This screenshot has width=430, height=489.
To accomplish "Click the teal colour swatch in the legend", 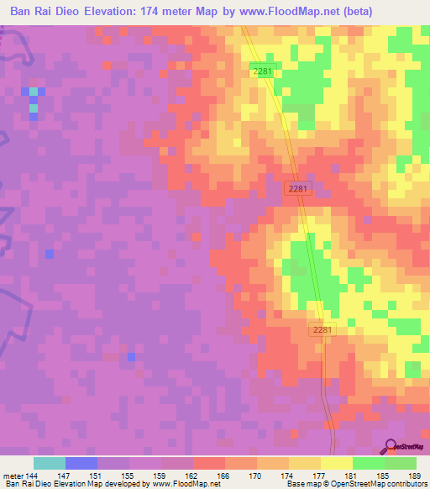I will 50,463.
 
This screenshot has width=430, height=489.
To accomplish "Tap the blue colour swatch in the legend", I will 81,463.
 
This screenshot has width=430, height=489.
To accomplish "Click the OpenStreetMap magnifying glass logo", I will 390,448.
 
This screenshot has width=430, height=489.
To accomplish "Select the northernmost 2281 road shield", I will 262,72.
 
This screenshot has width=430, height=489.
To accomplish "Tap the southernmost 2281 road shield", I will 321,330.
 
